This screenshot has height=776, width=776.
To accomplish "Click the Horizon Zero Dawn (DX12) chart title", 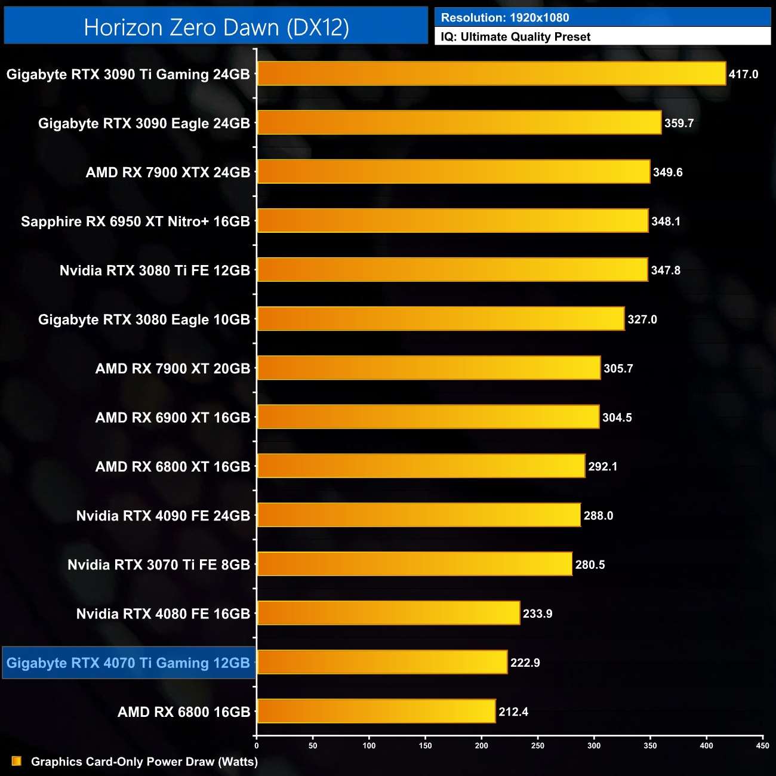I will point(216,27).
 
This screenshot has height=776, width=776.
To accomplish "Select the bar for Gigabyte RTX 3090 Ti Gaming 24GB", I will point(491,74).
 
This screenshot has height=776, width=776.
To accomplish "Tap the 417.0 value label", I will point(743,75).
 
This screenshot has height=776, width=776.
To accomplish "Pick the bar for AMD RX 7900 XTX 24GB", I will point(454,172).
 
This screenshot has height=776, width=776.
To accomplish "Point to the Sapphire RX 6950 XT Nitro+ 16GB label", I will point(136,221).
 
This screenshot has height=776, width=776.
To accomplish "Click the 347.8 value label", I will point(666,270).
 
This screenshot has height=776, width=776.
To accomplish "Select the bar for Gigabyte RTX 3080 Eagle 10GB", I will point(441,319).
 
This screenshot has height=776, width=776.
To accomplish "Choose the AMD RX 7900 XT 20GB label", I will point(173,369).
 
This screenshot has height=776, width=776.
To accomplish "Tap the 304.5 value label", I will point(617,418).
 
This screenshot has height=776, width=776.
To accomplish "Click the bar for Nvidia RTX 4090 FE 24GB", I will point(418,515).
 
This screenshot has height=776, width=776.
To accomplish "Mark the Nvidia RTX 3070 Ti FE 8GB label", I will point(159,565).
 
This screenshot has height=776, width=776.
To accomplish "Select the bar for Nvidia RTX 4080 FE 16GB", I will point(389,613).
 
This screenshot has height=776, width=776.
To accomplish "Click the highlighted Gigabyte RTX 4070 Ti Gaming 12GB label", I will point(128,663).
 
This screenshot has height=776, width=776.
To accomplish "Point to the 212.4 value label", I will point(513,712).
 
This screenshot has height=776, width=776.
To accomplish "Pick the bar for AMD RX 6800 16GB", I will point(376,711).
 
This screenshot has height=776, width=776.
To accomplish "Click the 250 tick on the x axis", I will point(538,746).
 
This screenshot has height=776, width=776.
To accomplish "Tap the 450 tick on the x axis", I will point(762,746).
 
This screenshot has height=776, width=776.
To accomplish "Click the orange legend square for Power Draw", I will point(17,761).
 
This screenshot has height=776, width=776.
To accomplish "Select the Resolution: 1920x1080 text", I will point(505,18).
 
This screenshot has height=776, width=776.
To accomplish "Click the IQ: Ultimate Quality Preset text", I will point(516,37).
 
